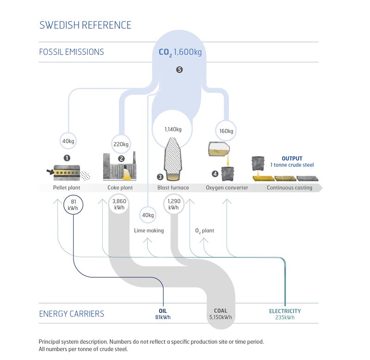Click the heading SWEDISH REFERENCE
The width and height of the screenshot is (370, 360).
click(x=85, y=25)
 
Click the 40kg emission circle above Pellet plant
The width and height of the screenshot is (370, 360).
click(x=68, y=140)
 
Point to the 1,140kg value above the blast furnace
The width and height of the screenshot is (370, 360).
click(x=173, y=130)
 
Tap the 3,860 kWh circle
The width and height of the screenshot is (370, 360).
click(x=120, y=204)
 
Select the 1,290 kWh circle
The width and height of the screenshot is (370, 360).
click(x=173, y=204)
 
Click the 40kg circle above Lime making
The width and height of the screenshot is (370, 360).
click(x=148, y=215)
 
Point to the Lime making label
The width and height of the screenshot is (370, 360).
click(x=148, y=231)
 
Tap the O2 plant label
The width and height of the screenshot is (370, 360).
click(x=204, y=231)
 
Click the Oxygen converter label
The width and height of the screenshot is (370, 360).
click(x=227, y=188)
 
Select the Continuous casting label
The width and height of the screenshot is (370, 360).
click(x=289, y=188)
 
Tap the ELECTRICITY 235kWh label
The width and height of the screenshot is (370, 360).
click(x=285, y=314)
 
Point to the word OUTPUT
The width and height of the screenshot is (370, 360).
click(x=293, y=158)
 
